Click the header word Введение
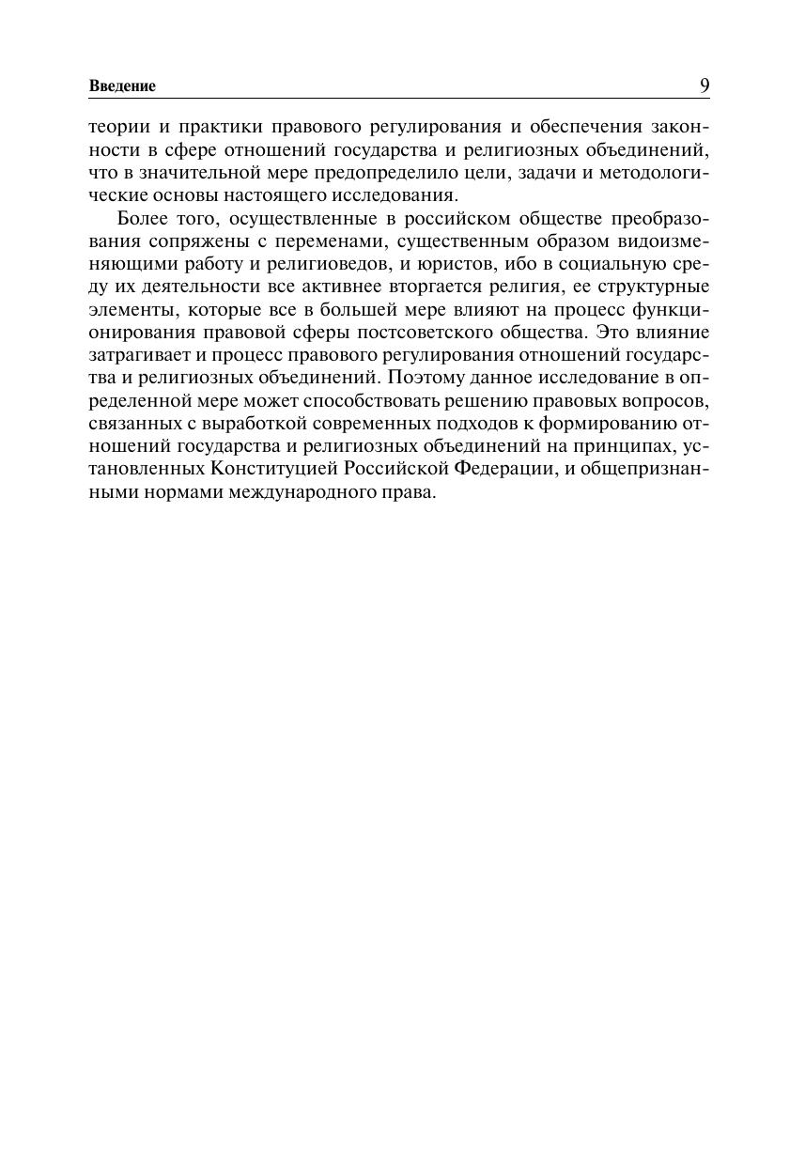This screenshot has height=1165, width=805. [122, 86]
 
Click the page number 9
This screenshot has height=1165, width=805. [704, 85]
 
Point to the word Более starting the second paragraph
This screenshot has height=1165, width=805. [141, 219]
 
